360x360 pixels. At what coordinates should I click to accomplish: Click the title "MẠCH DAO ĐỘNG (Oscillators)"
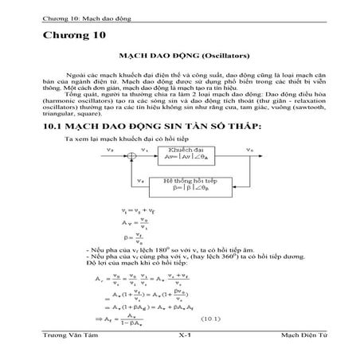179,57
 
